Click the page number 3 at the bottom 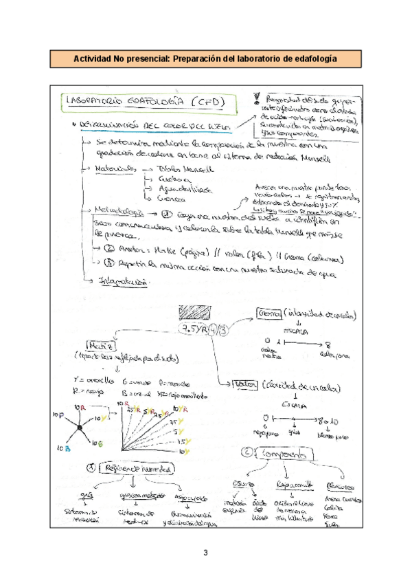pos(205,553)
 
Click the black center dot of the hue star pos(80,429)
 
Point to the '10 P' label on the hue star pos(58,415)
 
